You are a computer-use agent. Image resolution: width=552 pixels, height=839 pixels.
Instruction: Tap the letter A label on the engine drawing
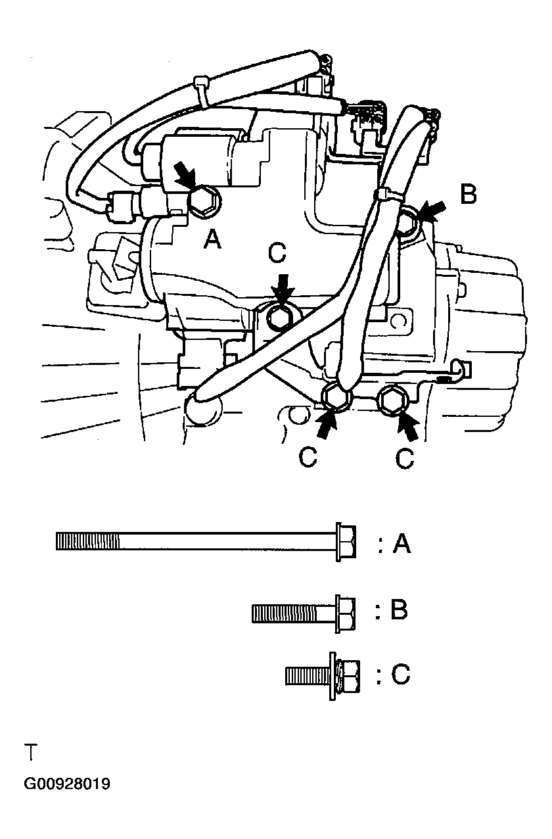tap(212, 241)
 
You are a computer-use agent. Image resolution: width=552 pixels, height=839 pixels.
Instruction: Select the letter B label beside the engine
tap(468, 195)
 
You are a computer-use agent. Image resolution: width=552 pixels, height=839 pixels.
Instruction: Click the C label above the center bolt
tap(277, 252)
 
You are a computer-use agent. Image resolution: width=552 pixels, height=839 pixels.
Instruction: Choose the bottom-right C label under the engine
tap(405, 458)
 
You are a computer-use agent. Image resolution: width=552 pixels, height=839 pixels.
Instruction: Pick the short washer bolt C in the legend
tap(322, 675)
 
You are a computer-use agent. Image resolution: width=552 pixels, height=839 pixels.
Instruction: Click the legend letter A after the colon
tap(402, 544)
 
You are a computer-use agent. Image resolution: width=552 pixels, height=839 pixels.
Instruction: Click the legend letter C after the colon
tap(400, 675)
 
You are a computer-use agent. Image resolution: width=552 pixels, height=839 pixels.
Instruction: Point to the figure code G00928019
tap(67, 784)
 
